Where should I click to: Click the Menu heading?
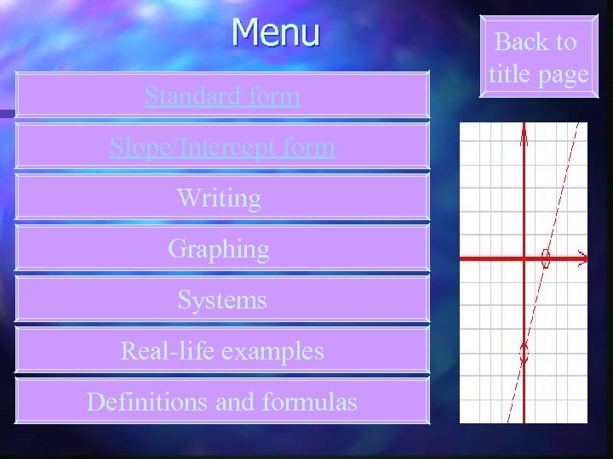(276, 32)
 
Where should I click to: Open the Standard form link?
(222, 96)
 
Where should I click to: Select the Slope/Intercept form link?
(222, 147)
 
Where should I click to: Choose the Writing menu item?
(219, 198)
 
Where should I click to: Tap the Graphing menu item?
(219, 249)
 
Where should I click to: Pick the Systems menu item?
(222, 300)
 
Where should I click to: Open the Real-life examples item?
(222, 350)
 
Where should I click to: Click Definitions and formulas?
(222, 401)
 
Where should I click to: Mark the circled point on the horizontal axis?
(547, 258)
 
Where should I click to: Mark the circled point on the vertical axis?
(524, 351)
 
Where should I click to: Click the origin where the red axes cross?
(524, 257)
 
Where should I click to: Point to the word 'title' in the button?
(510, 74)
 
